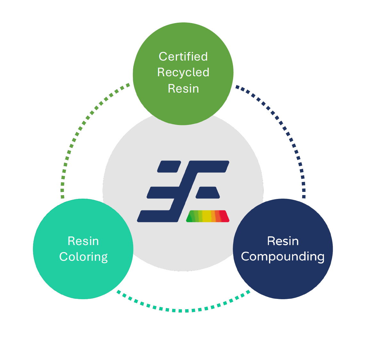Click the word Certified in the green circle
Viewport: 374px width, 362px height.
[x=183, y=57]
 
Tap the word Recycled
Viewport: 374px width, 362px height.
[x=183, y=72]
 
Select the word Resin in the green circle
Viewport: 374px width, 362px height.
[x=183, y=88]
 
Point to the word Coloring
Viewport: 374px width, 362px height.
[x=83, y=257]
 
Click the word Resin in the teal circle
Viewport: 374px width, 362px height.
[x=83, y=241]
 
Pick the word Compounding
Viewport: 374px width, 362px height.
[x=283, y=257]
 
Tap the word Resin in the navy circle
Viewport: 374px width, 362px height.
[x=283, y=241]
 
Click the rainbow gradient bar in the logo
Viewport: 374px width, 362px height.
[x=208, y=216]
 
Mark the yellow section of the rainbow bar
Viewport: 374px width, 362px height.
[x=207, y=216]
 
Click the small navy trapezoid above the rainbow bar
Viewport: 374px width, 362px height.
[x=208, y=193]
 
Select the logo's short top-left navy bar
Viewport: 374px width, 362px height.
[x=169, y=167]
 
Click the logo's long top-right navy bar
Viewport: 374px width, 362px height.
[x=210, y=166]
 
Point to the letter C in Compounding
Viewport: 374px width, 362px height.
[x=246, y=257]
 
